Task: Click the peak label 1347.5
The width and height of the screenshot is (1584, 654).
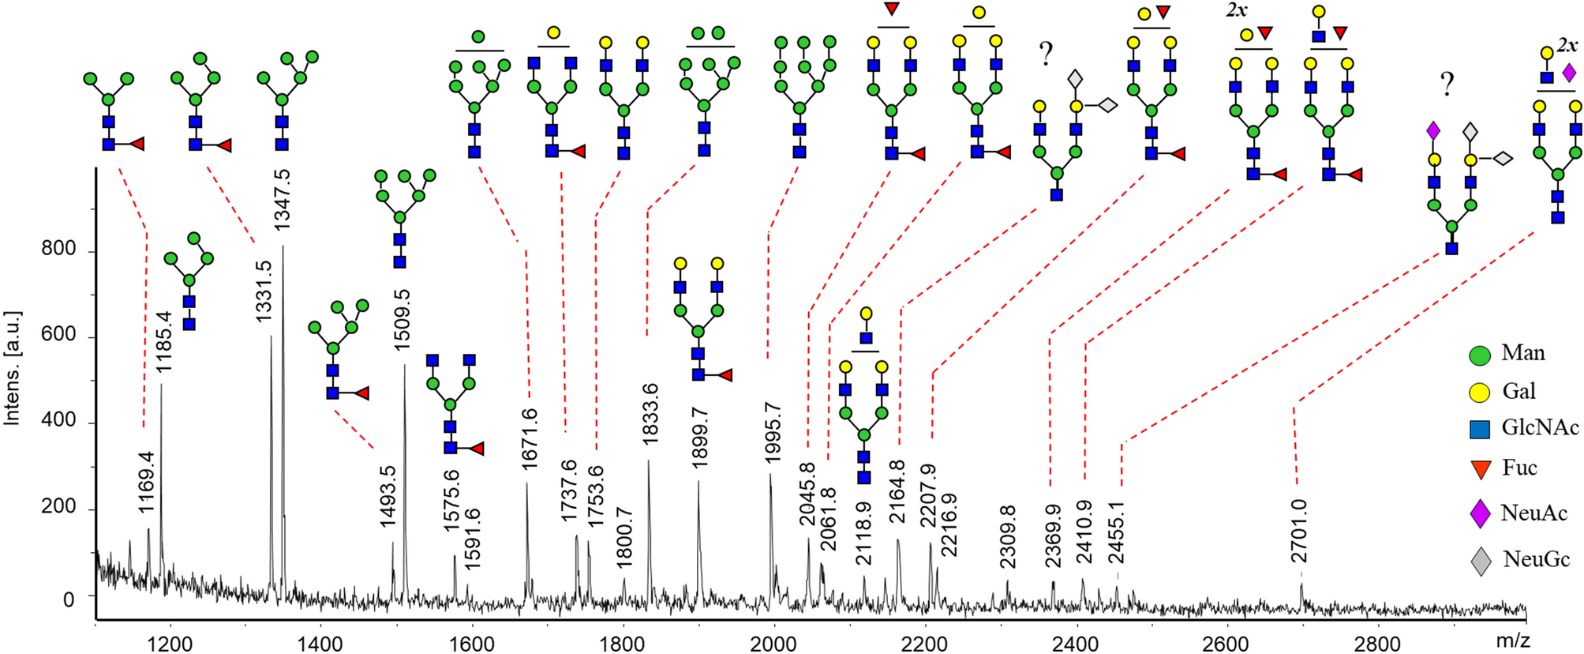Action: pos(282,200)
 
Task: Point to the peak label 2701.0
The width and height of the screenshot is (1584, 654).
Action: pos(1299,531)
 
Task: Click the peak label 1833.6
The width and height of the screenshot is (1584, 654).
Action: pos(650,413)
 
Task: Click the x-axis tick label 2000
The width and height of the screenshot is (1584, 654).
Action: pos(774,643)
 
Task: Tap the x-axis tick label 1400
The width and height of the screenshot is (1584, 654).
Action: pos(320,643)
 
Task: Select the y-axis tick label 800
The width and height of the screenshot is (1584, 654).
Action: pos(58,250)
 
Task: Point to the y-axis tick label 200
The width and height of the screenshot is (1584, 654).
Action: pos(58,507)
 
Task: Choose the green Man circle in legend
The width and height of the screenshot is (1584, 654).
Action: pos(1480,355)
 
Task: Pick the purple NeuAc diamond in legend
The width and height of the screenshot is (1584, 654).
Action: pos(1480,513)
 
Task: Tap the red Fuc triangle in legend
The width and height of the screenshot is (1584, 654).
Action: pos(1481,469)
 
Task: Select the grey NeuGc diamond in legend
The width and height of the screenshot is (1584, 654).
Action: pos(1481,561)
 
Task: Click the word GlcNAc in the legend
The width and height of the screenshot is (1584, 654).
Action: pos(1540,428)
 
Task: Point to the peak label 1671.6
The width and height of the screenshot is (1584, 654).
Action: pos(529,440)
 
